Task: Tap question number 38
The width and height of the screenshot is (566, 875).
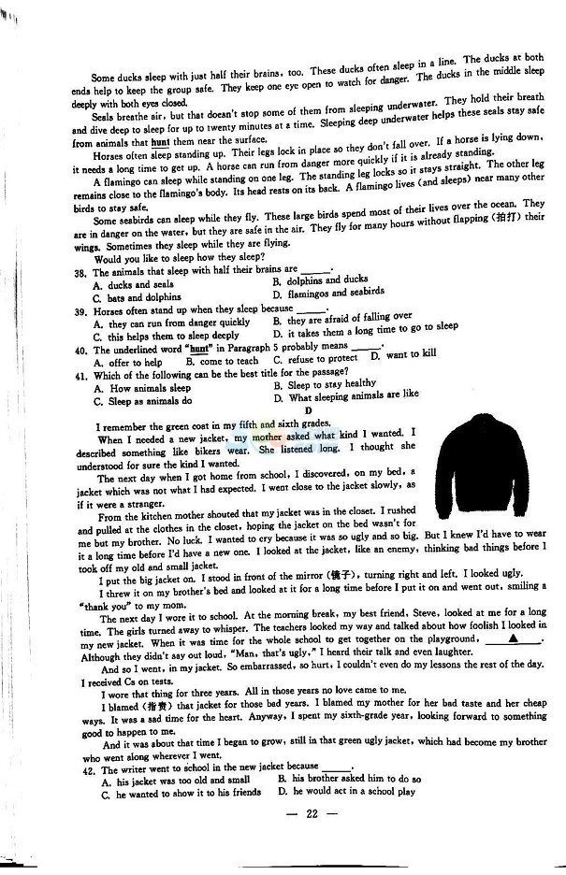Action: click(81, 271)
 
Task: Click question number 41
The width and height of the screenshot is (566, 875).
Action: click(80, 376)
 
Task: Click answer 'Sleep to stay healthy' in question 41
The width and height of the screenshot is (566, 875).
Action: click(331, 384)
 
